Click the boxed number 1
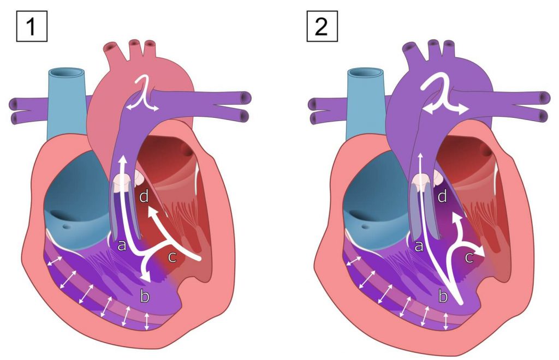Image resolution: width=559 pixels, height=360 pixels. click(32, 26)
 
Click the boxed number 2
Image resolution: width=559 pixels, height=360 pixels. click(322, 26)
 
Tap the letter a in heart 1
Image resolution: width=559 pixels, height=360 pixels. click(122, 245)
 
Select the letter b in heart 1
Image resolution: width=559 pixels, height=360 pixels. click(144, 296)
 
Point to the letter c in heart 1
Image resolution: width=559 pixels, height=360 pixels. click(172, 257)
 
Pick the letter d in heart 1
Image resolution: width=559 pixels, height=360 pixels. click(144, 196)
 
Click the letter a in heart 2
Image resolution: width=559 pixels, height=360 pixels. click(419, 245)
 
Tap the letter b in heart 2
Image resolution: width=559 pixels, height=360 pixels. click(443, 296)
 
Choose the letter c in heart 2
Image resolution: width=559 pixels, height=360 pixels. click(469, 257)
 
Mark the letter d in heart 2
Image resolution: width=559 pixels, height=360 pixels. click(442, 196)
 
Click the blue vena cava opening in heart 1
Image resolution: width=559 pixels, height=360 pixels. click(67, 73)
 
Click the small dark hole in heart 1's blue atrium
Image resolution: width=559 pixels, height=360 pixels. click(66, 226)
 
